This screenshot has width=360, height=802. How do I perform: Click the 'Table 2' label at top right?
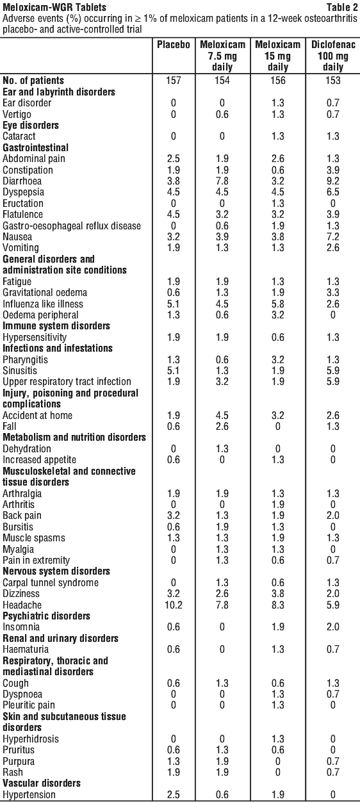pyautogui.click(x=341, y=7)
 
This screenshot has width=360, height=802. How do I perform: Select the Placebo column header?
pyautogui.click(x=174, y=45)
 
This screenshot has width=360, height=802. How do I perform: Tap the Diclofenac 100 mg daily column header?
pyautogui.click(x=333, y=56)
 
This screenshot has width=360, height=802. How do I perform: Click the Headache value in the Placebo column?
pyautogui.click(x=174, y=605)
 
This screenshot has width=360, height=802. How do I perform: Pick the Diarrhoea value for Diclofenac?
pyautogui.click(x=333, y=181)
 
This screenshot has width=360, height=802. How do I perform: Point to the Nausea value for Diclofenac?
pyautogui.click(x=333, y=236)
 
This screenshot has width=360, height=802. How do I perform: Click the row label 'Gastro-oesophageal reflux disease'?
pyautogui.click(x=72, y=226)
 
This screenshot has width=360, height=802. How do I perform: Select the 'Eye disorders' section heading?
pyautogui.click(x=31, y=126)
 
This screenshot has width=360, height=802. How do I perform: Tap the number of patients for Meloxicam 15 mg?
pyautogui.click(x=278, y=80)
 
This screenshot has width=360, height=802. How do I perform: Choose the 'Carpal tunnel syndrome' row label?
pyautogui.click(x=51, y=583)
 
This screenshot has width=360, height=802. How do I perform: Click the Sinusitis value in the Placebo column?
pyautogui.click(x=174, y=370)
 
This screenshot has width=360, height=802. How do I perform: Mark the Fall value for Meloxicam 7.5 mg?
pyautogui.click(x=222, y=427)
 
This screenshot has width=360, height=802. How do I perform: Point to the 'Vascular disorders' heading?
pyautogui.click(x=42, y=783)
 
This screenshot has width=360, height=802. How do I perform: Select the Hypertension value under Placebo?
pyautogui.click(x=174, y=794)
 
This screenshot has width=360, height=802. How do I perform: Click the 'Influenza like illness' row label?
pyautogui.click(x=43, y=304)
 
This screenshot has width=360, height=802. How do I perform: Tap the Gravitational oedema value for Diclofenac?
pyautogui.click(x=333, y=293)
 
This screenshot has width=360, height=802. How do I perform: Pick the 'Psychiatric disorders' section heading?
pyautogui.click(x=47, y=616)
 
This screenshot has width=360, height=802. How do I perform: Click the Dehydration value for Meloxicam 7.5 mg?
pyautogui.click(x=222, y=449)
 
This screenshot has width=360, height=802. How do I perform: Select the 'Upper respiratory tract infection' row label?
pyautogui.click(x=67, y=382)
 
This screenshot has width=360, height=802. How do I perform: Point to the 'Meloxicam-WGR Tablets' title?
pyautogui.click(x=54, y=7)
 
